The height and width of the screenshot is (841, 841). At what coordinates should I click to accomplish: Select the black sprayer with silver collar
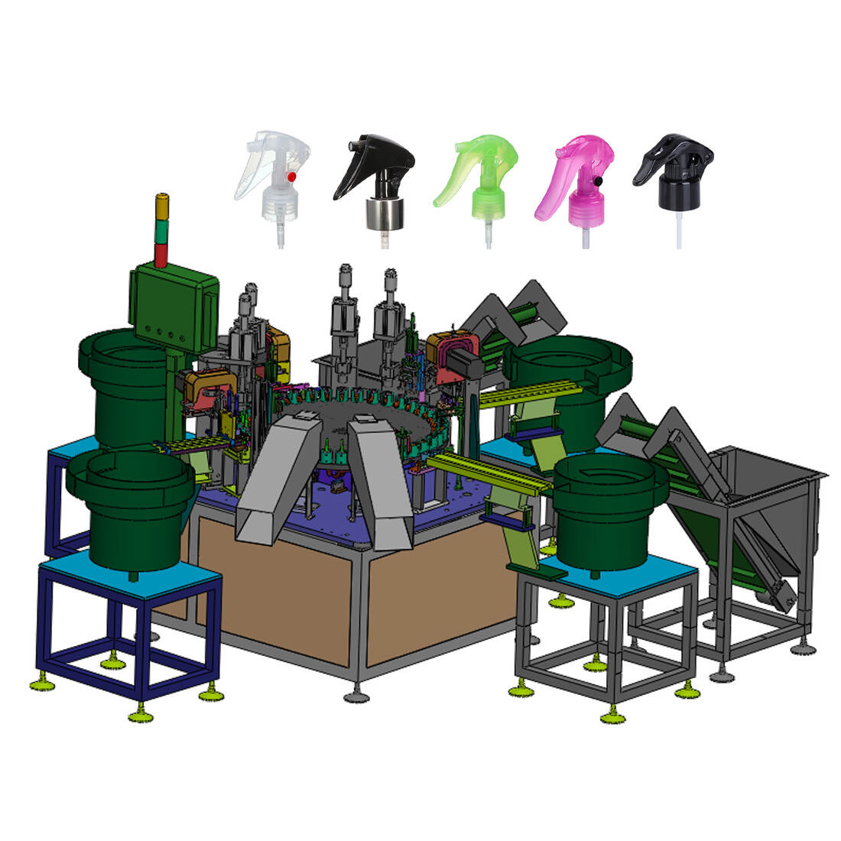(375, 180)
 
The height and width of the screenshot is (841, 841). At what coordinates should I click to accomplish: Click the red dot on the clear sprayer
(291, 177)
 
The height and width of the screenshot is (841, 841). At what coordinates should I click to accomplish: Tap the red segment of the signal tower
(161, 255)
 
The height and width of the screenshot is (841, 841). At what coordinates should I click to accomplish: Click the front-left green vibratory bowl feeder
(130, 505)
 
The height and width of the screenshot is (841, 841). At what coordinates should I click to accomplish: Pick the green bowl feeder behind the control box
(122, 382)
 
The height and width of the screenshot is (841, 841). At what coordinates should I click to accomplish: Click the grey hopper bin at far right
(765, 489)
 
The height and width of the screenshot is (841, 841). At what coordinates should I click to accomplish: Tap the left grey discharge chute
(271, 482)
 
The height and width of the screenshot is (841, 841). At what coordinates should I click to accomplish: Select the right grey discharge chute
(378, 482)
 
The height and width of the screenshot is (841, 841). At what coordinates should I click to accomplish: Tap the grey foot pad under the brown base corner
(356, 696)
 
